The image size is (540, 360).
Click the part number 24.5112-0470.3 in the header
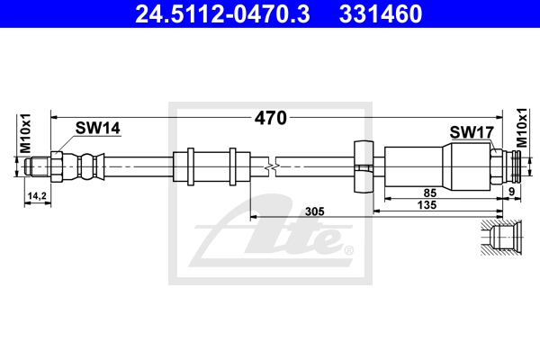click(222, 13)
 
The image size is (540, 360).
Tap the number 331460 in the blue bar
click(381, 13)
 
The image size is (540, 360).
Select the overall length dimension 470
click(270, 118)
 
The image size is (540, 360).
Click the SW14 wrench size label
click(98, 128)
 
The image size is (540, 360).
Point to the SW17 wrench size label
click(472, 132)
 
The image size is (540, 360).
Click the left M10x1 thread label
click(25, 133)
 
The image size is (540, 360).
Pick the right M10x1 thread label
click(521, 128)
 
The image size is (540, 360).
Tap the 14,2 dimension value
click(37, 196)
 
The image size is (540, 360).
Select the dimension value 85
click(429, 193)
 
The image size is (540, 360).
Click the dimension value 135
click(427, 205)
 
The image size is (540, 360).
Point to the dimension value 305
click(314, 211)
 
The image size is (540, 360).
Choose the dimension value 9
click(512, 192)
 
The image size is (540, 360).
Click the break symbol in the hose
click(272, 167)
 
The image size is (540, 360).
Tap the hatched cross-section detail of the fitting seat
click(501, 238)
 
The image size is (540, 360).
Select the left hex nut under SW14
click(56, 166)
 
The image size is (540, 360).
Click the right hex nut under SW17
click(496, 166)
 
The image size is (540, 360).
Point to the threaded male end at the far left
click(38, 166)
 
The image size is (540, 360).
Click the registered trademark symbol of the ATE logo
click(348, 250)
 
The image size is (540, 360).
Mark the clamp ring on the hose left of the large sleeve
click(364, 166)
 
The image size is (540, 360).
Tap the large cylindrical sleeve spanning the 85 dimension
click(436, 166)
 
